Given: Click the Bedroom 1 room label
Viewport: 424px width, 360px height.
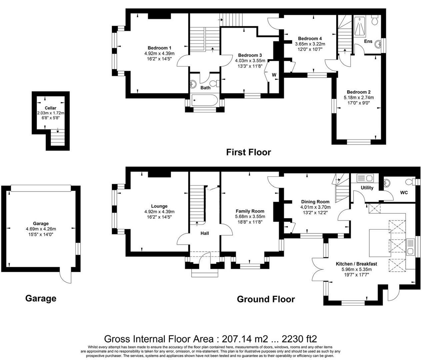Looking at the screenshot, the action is [159, 48].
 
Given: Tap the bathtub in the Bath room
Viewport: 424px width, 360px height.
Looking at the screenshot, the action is [204, 100].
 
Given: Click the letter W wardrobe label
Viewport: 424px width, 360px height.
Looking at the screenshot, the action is [274, 75].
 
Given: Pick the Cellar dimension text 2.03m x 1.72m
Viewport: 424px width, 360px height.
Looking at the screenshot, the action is [51, 113].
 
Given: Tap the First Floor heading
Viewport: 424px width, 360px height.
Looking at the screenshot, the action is [248, 152].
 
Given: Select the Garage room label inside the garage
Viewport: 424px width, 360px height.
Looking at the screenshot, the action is [41, 223].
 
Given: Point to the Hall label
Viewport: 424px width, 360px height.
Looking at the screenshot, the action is [205, 233].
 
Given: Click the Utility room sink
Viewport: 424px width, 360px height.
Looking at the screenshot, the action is [365, 178].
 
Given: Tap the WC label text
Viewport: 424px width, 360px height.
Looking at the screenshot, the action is [404, 193].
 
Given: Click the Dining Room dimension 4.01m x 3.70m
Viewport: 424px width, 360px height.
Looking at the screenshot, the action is [315, 207].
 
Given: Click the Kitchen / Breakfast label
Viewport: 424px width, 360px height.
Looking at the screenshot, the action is [356, 264].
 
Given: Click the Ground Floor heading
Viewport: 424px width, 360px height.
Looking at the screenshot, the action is [266, 299].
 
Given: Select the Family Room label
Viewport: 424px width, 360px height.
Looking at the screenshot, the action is [250, 211].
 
